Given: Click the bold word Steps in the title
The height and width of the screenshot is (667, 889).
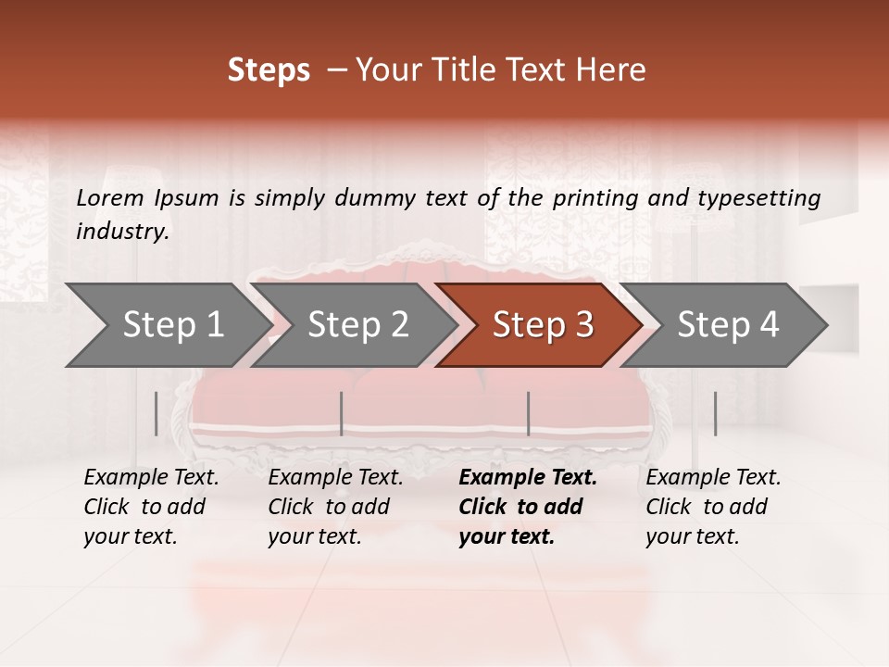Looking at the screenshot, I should [x=269, y=69].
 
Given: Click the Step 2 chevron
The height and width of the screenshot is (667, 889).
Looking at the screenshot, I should [x=357, y=324].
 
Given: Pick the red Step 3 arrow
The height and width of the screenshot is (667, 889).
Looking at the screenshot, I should [x=543, y=324].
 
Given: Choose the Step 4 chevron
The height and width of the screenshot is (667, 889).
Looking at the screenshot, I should [x=728, y=324].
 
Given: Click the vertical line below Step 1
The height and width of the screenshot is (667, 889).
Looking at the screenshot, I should [x=157, y=413].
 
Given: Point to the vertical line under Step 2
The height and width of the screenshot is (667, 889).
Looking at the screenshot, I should [x=342, y=413].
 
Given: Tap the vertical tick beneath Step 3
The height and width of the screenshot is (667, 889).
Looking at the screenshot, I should [x=528, y=413].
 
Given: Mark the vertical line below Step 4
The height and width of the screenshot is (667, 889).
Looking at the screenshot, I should [x=715, y=413].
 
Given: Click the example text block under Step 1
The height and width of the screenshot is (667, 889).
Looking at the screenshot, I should [x=151, y=507].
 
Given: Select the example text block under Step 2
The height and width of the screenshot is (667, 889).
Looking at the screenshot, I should [x=335, y=507].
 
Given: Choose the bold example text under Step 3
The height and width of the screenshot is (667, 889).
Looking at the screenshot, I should [x=528, y=507].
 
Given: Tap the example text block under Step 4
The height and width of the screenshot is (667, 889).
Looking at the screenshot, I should [x=713, y=507].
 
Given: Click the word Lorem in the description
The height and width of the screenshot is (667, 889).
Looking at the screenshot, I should [x=109, y=197].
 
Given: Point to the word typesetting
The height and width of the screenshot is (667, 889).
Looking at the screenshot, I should [x=765, y=197].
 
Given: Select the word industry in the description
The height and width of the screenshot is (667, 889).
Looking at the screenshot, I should [x=122, y=231].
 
